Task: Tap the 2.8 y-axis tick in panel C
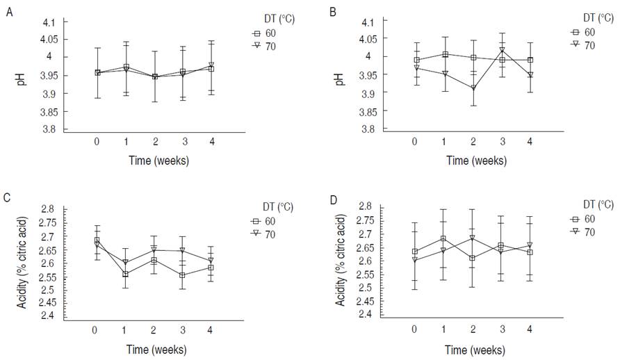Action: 47,209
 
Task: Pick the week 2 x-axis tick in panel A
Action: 155,140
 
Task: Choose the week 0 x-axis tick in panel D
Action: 415,327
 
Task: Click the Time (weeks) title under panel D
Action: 475,348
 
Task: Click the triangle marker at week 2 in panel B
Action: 473,88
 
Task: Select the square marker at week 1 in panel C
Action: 126,274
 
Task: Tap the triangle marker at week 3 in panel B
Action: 502,50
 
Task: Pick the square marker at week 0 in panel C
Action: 97,240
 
